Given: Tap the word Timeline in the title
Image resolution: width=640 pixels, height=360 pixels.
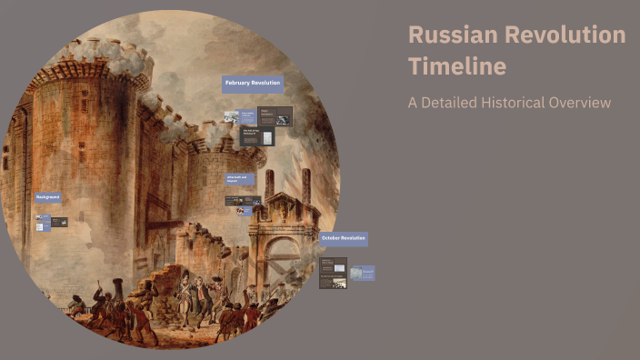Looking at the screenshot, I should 457,66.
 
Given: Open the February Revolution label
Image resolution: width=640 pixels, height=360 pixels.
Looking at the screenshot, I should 252,84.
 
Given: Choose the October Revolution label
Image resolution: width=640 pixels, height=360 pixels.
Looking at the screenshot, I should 344,238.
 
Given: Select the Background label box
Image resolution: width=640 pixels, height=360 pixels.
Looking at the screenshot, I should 48,197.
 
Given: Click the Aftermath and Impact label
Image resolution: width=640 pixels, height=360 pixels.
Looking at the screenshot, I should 240,178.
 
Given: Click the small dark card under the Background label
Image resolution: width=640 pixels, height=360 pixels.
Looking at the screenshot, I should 59,222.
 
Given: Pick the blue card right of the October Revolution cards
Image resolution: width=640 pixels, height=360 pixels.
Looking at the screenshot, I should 362,273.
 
